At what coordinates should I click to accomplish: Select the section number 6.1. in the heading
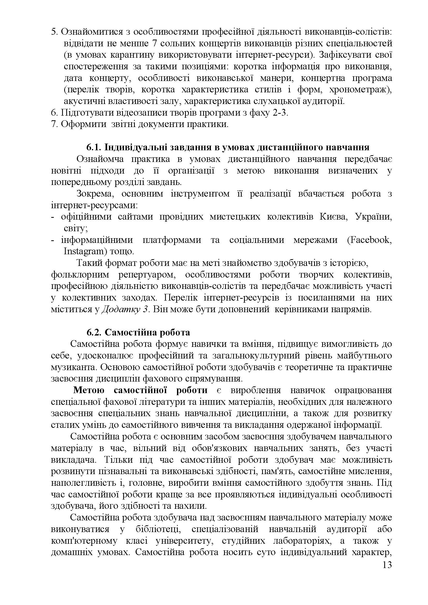(x=94, y=147)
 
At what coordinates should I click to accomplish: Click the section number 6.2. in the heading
(x=94, y=332)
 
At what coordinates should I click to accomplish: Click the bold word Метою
(x=88, y=390)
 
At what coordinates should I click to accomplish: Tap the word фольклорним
(x=80, y=275)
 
